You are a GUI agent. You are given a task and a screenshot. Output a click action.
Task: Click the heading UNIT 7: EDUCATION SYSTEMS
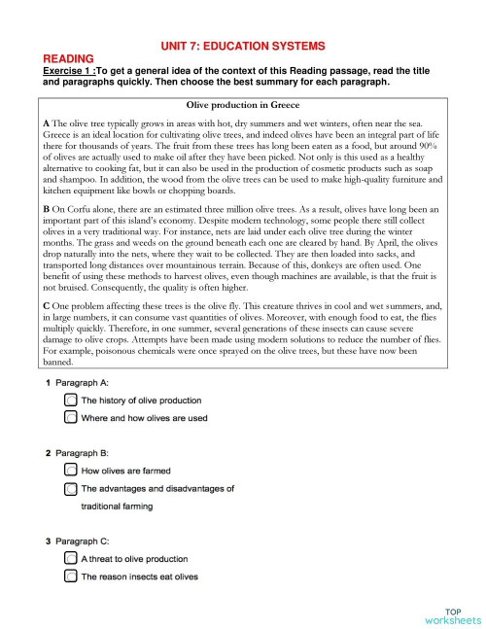pyautogui.click(x=242, y=46)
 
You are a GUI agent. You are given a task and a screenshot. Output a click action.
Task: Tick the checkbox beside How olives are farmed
pyautogui.click(x=71, y=471)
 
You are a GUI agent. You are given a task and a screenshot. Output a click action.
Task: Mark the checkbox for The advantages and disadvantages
pyautogui.click(x=71, y=488)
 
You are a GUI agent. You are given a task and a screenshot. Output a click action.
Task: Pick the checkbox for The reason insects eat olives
pyautogui.click(x=71, y=577)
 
